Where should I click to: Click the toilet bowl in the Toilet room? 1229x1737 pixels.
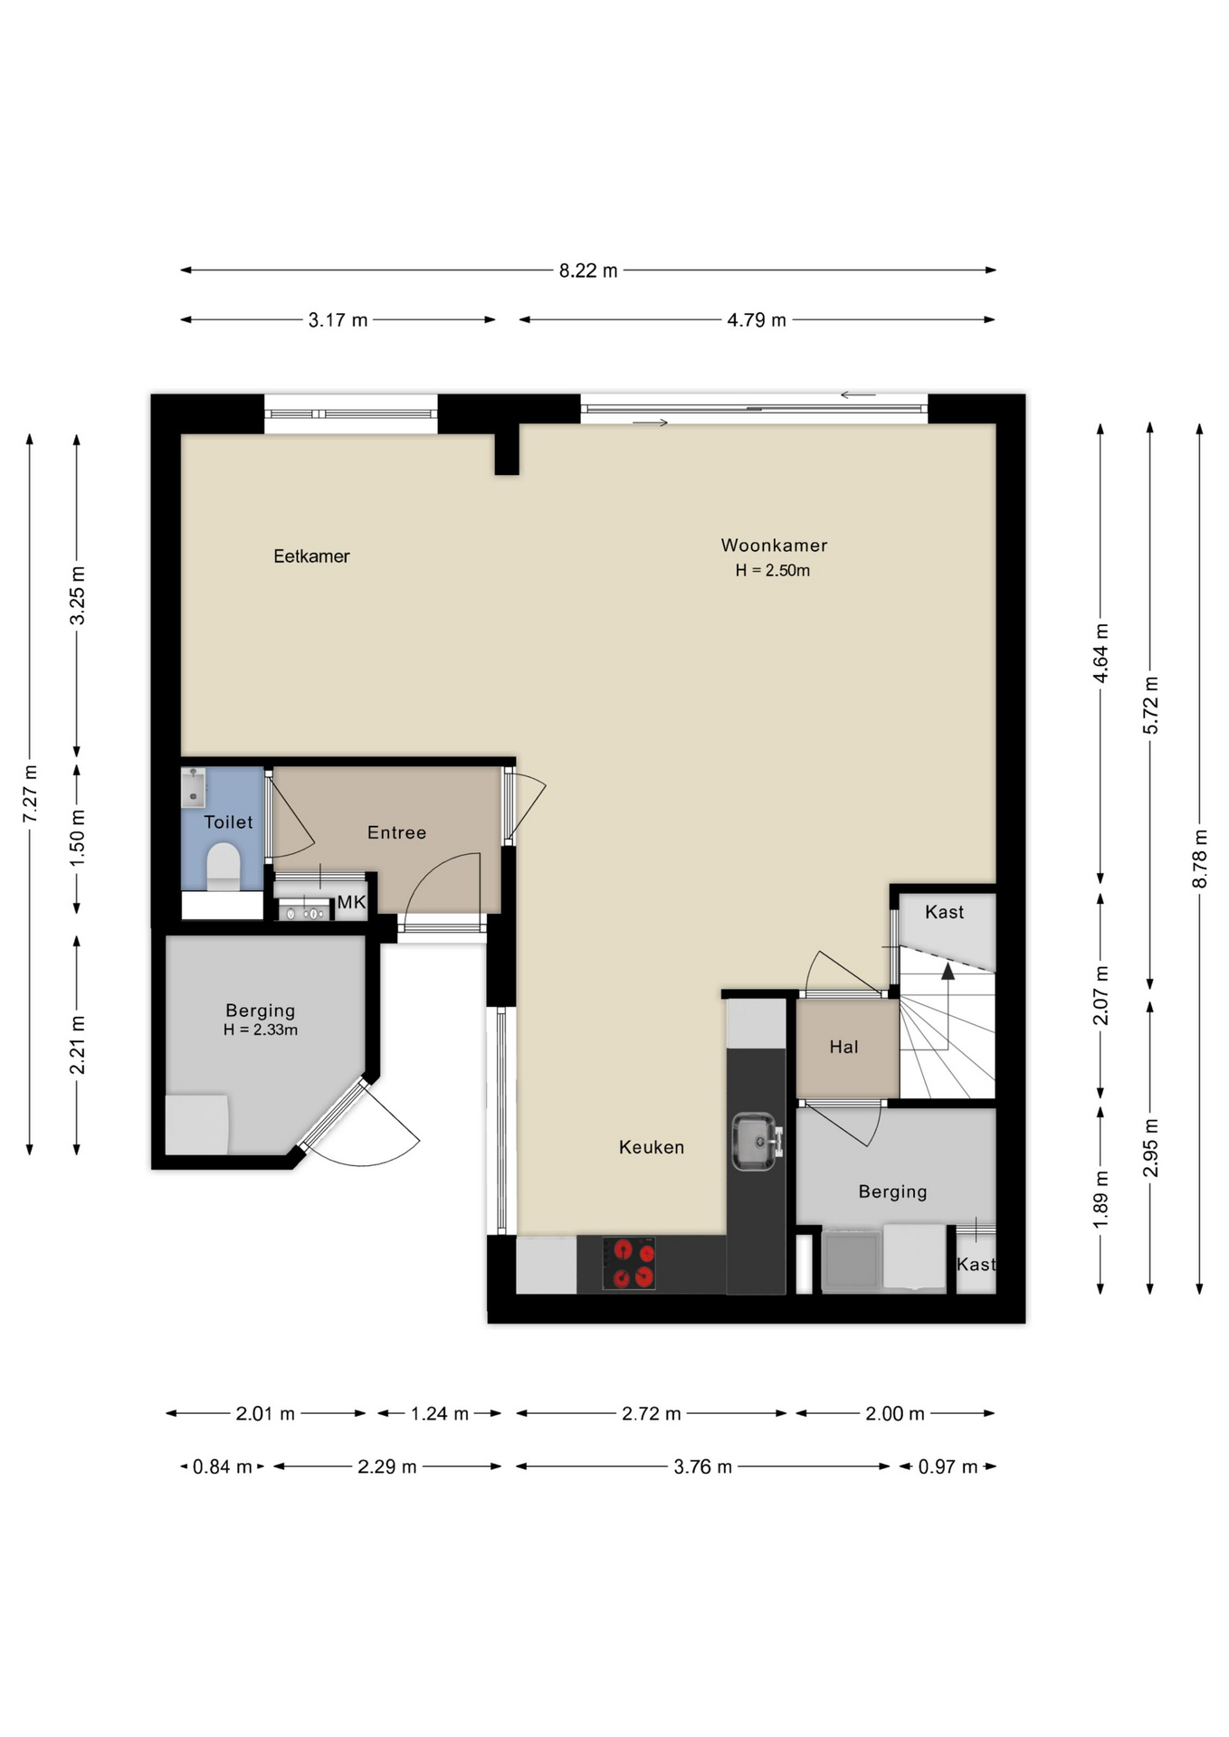click(x=224, y=867)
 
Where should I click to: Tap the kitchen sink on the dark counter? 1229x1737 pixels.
click(x=754, y=1142)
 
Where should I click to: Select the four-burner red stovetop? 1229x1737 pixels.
click(x=630, y=1264)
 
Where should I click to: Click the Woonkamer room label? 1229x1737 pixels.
click(x=774, y=546)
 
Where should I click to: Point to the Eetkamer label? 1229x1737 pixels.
click(x=311, y=556)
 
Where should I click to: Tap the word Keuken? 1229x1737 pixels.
click(x=652, y=1147)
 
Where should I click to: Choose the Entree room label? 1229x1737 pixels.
click(x=396, y=832)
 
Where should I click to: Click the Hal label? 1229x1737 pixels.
click(x=843, y=1047)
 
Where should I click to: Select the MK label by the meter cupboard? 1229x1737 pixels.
click(x=351, y=902)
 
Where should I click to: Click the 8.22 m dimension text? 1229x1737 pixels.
click(x=588, y=271)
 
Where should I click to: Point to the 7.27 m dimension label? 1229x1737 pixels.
click(x=30, y=793)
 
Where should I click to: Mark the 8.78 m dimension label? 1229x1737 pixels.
click(x=1200, y=858)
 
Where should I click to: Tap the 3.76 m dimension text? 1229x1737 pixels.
click(x=702, y=1466)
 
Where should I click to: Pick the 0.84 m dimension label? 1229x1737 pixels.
click(x=223, y=1466)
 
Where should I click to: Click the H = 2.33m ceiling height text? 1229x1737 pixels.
click(x=261, y=1030)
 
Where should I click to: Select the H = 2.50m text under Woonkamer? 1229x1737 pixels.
click(x=773, y=570)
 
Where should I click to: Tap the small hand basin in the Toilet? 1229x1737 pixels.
click(x=194, y=786)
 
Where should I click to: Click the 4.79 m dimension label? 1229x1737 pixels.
click(x=757, y=320)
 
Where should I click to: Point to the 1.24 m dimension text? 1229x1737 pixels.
click(x=440, y=1413)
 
